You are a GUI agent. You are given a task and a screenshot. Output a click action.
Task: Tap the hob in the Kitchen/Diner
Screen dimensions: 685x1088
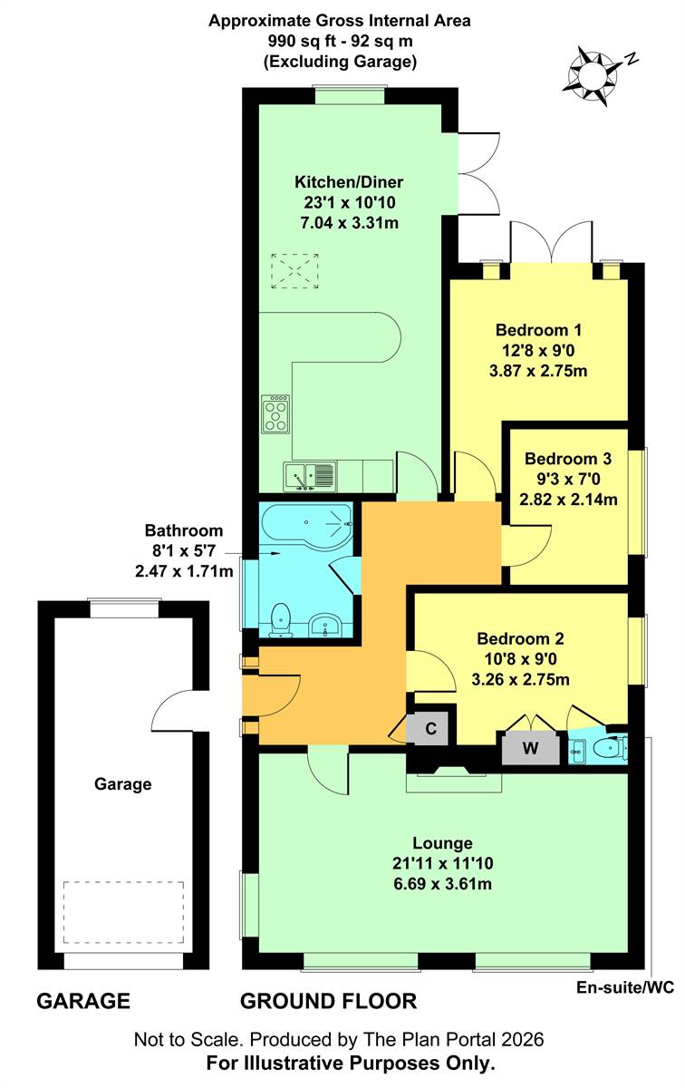coord(275,414)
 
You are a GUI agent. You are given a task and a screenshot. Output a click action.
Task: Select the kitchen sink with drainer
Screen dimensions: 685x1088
coord(310,477)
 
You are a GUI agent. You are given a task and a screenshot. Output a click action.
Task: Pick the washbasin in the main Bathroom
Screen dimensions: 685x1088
coord(324,625)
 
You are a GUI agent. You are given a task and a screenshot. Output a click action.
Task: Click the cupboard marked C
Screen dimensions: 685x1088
coord(430,729)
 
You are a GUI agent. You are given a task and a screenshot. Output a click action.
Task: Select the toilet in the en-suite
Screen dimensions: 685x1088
coord(610,750)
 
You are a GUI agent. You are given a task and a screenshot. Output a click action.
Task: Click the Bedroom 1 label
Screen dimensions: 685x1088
coord(538,330)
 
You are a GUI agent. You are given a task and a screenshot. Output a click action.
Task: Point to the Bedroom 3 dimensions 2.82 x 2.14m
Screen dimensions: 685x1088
coord(568,500)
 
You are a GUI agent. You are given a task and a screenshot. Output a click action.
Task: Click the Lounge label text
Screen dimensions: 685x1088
coord(442,843)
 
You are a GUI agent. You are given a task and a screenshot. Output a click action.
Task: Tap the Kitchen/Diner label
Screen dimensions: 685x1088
coord(349,182)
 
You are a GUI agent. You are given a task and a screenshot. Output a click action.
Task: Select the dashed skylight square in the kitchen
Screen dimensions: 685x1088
coord(294,271)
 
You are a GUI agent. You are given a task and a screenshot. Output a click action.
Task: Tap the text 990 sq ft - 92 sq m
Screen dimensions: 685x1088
coord(341,42)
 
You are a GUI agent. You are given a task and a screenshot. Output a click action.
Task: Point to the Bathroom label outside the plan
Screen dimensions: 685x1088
coord(184,530)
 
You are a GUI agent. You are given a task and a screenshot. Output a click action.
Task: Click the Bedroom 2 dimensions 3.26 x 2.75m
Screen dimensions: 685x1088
coord(520,679)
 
